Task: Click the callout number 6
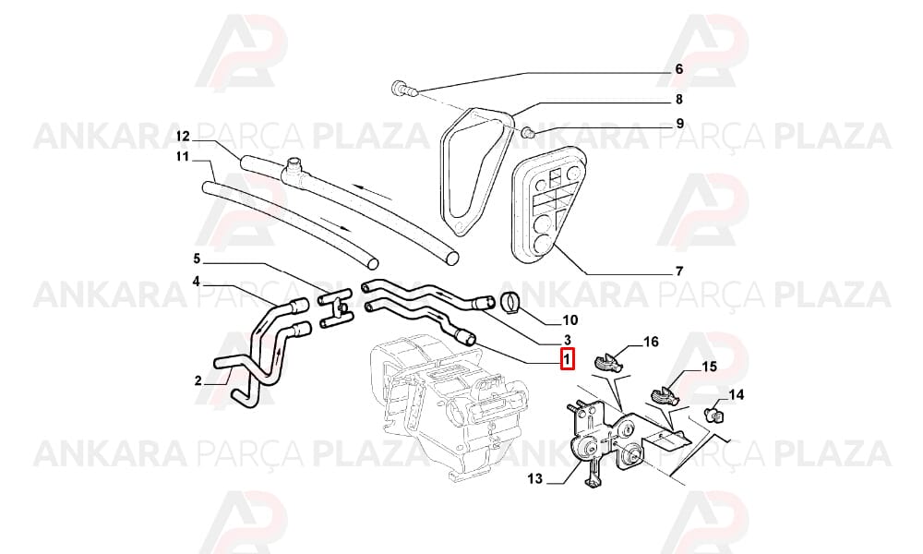coord(678,69)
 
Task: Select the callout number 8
coord(678,100)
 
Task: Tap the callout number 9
coord(680,124)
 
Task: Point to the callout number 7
coord(678,271)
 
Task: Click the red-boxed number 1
coord(567,359)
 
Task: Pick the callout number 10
coord(570,320)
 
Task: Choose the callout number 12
coord(183,137)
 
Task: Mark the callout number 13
coord(535,478)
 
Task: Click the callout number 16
coord(651,342)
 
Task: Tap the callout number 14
coord(737,394)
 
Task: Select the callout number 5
coord(197,259)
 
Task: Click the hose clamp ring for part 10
coord(510,302)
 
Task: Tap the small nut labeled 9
coord(528,131)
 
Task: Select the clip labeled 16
coord(608,361)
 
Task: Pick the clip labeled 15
coord(665,394)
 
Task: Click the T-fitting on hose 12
coord(294,170)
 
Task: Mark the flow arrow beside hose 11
coord(336,223)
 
